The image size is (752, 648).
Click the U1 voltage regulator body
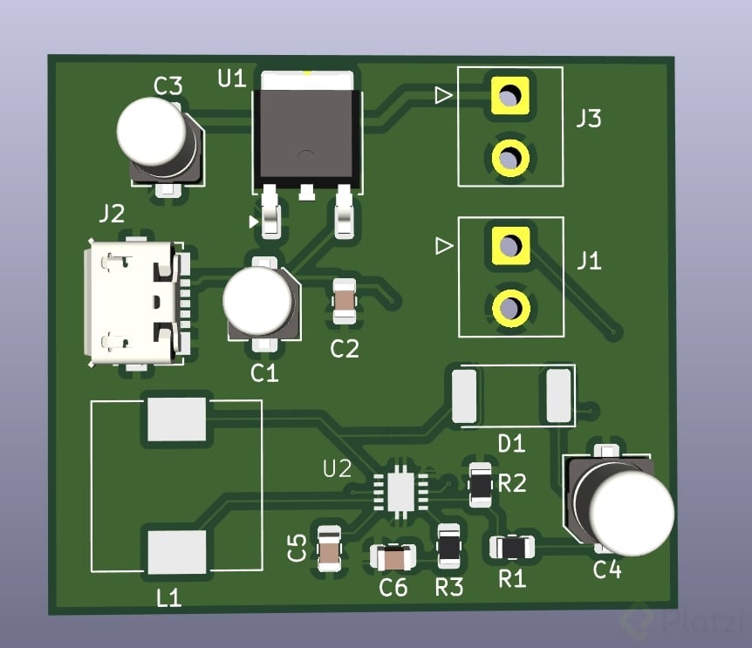[305, 135]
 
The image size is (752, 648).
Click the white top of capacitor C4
[633, 514]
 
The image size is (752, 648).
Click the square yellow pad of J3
[509, 93]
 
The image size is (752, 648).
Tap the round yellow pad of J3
[509, 158]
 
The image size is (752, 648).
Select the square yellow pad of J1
[509, 244]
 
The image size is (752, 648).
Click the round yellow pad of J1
[509, 307]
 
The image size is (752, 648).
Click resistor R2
[480, 485]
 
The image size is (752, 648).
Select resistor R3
[449, 547]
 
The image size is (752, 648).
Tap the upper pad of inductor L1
[177, 419]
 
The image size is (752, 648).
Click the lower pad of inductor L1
[177, 552]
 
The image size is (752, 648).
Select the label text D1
[511, 444]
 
